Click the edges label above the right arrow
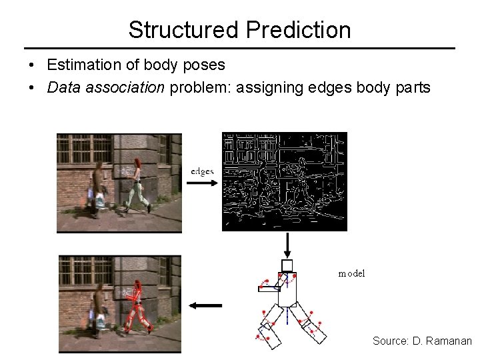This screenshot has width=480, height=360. coord(202,171)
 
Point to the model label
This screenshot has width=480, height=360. coord(351,274)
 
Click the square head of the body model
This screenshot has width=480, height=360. coord(287,265)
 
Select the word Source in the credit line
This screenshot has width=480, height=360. coord(390,341)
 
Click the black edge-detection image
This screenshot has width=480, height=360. coord(285,181)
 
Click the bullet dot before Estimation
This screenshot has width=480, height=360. coord(31,66)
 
